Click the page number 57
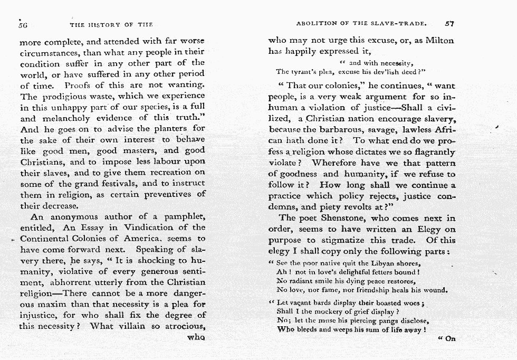(449, 23)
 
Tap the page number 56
(23, 24)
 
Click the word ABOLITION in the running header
(315, 24)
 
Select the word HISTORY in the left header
(104, 24)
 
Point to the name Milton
(439, 40)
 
